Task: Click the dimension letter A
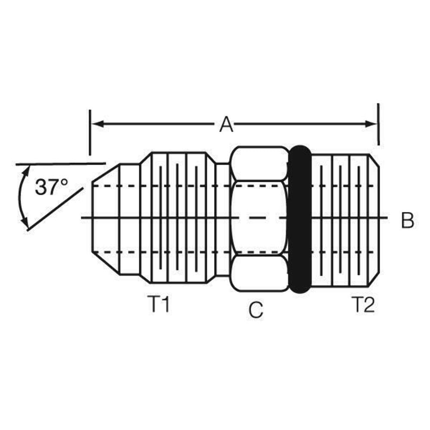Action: tap(226, 125)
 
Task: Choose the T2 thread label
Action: tap(363, 305)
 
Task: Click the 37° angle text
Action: tap(51, 187)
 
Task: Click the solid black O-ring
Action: tap(300, 219)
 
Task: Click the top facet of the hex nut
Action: tap(259, 163)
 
